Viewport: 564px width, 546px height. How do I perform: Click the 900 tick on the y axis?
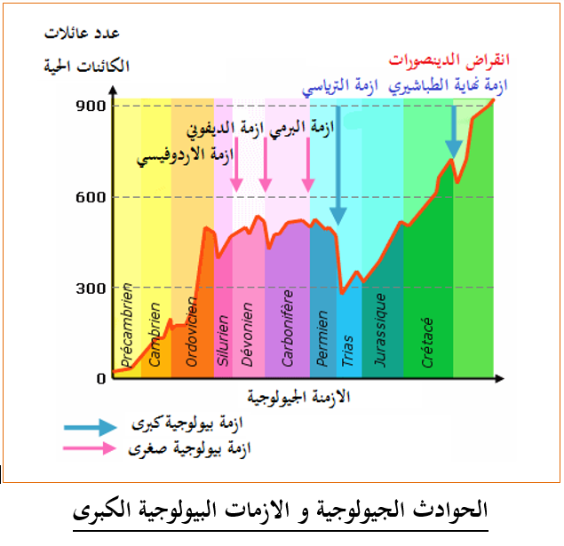(x=91, y=106)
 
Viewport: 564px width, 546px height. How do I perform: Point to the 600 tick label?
(x=91, y=197)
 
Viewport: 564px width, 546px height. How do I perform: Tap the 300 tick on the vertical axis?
(x=91, y=288)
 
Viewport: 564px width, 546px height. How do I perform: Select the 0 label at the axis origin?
(x=101, y=378)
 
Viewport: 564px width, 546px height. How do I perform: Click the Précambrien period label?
(x=127, y=325)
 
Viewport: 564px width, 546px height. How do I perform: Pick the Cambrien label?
(x=155, y=335)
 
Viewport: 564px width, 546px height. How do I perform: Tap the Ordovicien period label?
(x=191, y=331)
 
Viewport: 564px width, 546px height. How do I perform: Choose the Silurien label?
(x=223, y=341)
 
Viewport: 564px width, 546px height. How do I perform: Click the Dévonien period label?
(x=247, y=335)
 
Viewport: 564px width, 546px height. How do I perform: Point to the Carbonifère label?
(x=288, y=328)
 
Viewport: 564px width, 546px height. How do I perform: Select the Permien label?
(x=322, y=338)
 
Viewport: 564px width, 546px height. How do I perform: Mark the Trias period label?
(x=347, y=351)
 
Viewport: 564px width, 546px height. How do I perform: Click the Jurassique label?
(x=380, y=330)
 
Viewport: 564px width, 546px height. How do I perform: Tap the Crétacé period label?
(x=427, y=343)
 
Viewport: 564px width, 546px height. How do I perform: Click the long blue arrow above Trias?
(x=338, y=166)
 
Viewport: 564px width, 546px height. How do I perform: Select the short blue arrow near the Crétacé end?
(x=454, y=132)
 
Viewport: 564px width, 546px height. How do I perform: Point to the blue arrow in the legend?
(x=91, y=427)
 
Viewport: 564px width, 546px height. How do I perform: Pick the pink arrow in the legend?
(x=90, y=448)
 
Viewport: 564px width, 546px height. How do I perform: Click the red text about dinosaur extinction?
(x=449, y=60)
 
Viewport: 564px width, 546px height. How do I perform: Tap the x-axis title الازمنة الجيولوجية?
(x=298, y=397)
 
